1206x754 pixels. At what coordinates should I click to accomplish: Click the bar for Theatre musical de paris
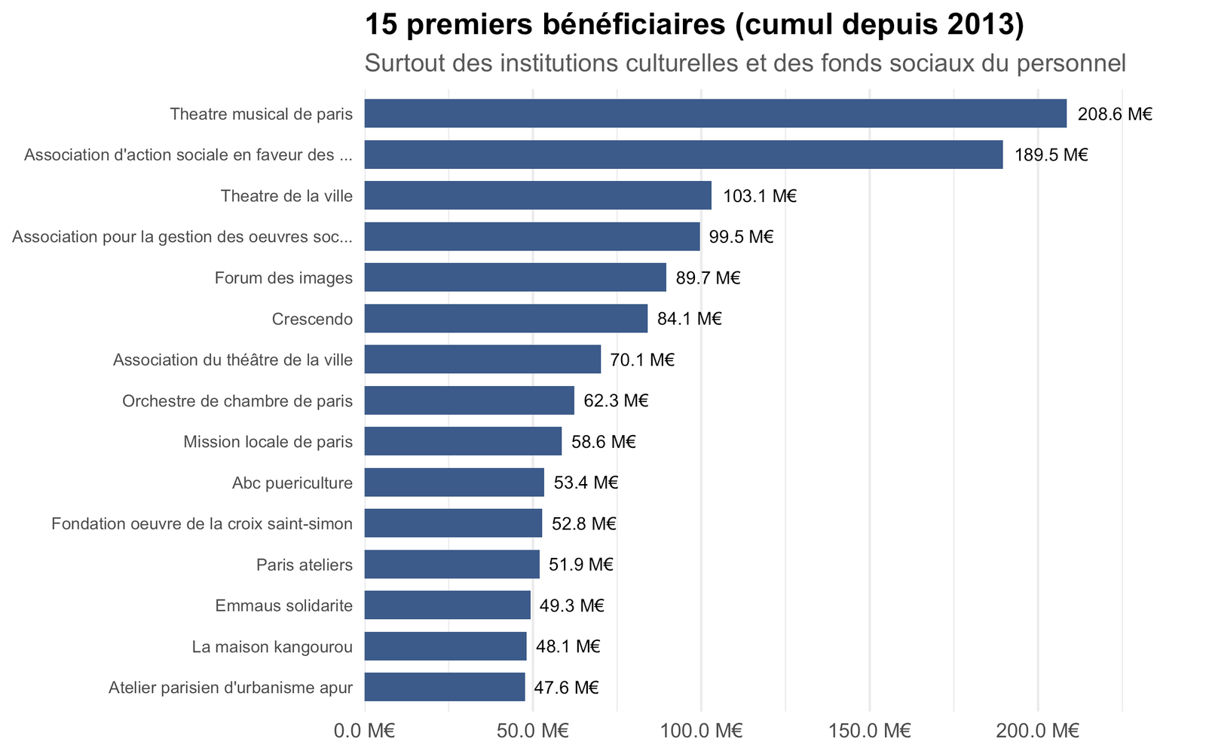click(x=715, y=113)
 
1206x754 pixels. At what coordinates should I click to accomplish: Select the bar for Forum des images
click(x=516, y=277)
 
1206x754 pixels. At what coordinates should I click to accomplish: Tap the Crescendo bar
click(x=506, y=318)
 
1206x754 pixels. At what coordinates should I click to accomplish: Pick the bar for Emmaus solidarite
click(x=448, y=605)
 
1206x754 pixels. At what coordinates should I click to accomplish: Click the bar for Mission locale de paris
click(x=463, y=441)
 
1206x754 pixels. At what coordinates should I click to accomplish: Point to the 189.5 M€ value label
click(x=1051, y=155)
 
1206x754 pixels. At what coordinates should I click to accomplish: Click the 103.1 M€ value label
click(x=760, y=196)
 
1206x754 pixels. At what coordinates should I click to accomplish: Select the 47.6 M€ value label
click(x=566, y=688)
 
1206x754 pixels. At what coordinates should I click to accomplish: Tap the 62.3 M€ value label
click(x=616, y=400)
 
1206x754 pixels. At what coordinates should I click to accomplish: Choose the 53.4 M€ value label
click(x=586, y=483)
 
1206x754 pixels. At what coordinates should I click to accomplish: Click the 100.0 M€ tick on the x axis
click(x=702, y=731)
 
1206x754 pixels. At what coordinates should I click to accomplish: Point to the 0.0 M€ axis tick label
click(x=365, y=731)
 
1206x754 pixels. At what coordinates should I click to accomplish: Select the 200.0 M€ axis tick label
click(x=1037, y=731)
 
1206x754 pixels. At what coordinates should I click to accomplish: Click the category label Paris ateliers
click(x=305, y=565)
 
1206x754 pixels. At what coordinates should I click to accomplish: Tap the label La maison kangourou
click(x=272, y=646)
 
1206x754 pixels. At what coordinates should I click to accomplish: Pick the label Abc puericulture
click(x=292, y=483)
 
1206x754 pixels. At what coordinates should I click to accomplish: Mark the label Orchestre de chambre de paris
click(x=237, y=400)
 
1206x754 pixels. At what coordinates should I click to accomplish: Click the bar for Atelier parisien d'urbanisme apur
click(x=445, y=687)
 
